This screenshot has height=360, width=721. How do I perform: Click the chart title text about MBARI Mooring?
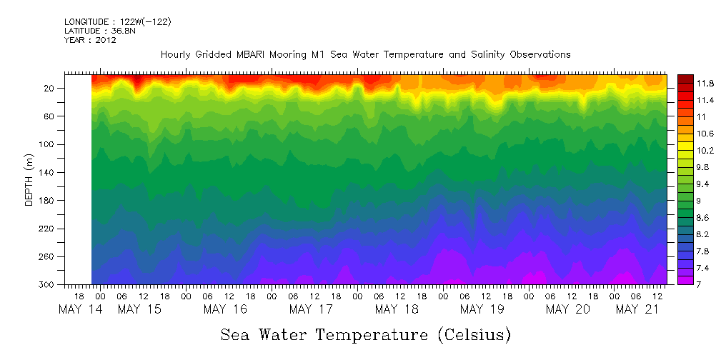[365, 54]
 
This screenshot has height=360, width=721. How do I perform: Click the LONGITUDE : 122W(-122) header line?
[117, 22]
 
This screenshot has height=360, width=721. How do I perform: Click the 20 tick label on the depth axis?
[50, 88]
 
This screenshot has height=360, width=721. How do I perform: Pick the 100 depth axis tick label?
[48, 144]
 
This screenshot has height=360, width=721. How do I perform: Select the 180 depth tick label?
[48, 200]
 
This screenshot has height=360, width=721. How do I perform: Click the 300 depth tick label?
[48, 284]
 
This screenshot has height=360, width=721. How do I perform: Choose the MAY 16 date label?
[225, 309]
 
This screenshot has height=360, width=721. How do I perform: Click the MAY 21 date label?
[637, 309]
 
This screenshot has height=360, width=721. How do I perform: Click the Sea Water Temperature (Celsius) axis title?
[366, 334]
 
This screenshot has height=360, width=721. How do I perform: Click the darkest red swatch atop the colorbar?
[685, 78]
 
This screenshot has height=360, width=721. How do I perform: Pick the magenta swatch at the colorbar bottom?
[685, 280]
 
